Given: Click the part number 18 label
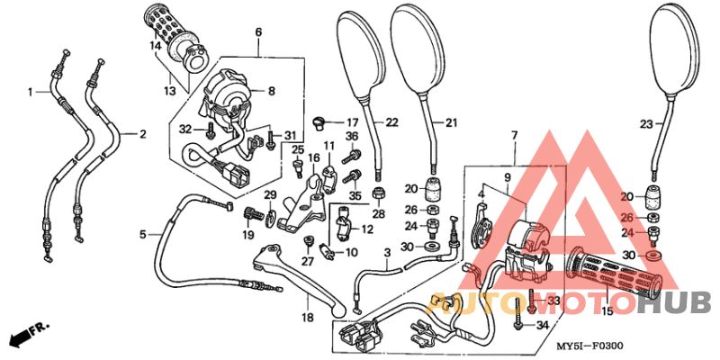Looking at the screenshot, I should tap(308, 318).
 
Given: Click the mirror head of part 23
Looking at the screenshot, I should tap(675, 49).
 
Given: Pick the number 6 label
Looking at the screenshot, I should tap(258, 32).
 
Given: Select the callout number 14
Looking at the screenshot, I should tap(155, 45).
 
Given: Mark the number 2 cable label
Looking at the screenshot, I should tap(141, 134).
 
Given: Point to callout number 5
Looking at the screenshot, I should tap(142, 235).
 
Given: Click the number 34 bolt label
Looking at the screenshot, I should tap(541, 324).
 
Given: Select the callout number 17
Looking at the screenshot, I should tap(352, 122).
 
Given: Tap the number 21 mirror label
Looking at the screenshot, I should tap(451, 122).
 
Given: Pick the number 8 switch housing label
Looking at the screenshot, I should tap(271, 91).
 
